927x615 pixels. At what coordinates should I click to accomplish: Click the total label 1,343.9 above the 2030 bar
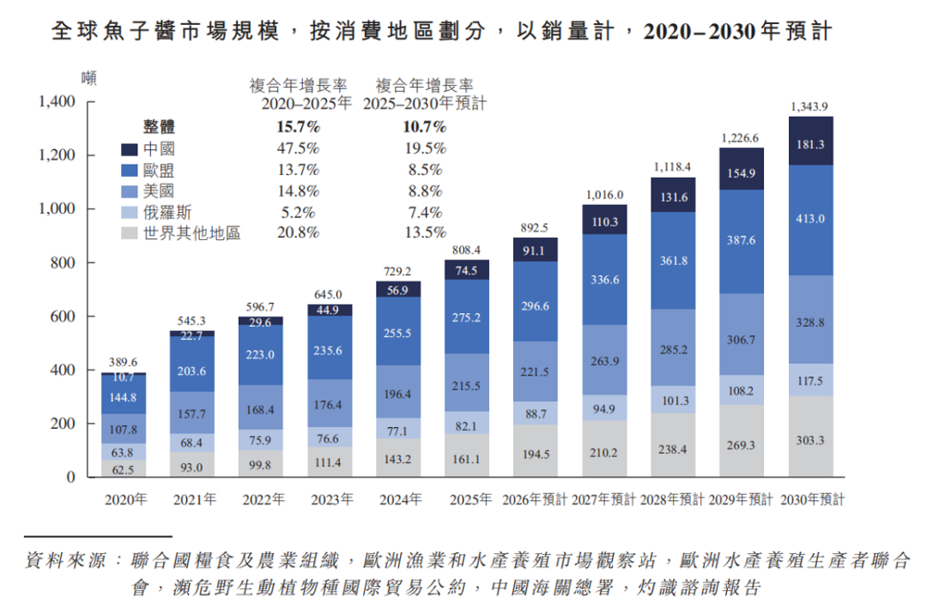coord(809,107)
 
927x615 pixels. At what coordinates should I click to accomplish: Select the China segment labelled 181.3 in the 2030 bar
coord(810,141)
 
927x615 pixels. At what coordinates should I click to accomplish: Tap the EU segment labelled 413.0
coord(810,220)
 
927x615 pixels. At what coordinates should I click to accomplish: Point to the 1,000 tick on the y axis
coord(57,208)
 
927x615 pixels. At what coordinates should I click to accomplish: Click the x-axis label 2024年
coord(401,500)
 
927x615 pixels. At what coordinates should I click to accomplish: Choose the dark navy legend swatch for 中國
coord(130,149)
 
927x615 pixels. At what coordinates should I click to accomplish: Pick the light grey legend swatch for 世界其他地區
coord(130,233)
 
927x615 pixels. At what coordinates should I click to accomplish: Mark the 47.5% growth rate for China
coord(298,148)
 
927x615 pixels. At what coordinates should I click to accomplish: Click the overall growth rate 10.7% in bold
coord(425,127)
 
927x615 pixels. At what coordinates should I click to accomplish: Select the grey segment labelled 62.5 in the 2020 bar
coord(124,468)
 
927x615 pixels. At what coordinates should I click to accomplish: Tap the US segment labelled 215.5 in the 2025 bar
coord(467,383)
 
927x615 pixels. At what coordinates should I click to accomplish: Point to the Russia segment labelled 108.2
coord(742,390)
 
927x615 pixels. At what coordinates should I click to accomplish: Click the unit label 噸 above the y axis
coord(88,78)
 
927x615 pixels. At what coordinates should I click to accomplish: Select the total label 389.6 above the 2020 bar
coord(123,362)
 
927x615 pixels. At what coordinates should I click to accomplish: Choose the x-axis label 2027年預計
coord(603,500)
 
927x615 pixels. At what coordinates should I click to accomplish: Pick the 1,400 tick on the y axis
coord(57,101)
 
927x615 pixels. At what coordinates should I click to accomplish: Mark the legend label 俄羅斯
coord(167,213)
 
